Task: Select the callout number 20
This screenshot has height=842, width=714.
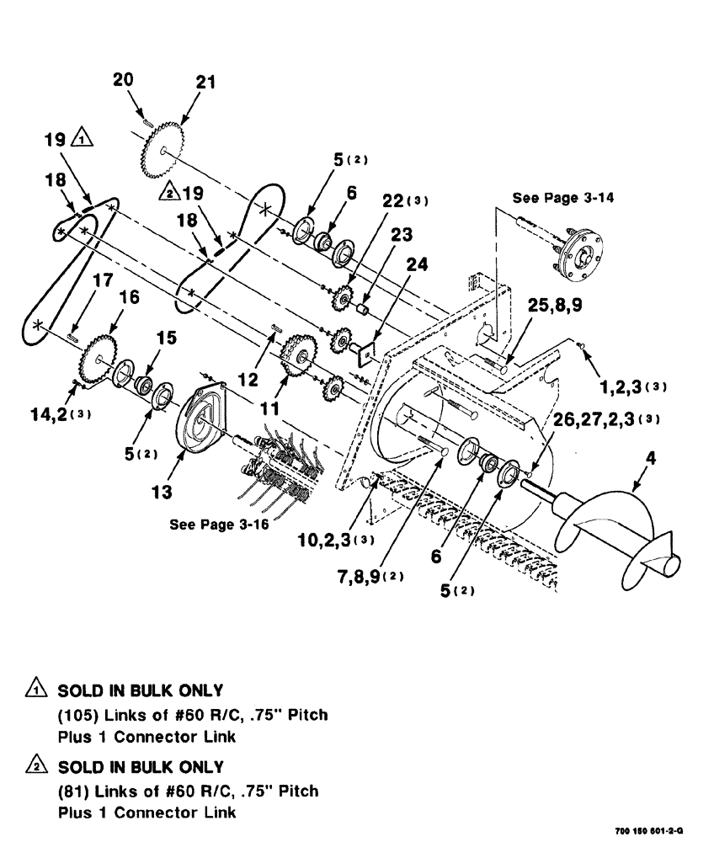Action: [124, 80]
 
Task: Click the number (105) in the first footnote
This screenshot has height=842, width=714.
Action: [75, 716]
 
